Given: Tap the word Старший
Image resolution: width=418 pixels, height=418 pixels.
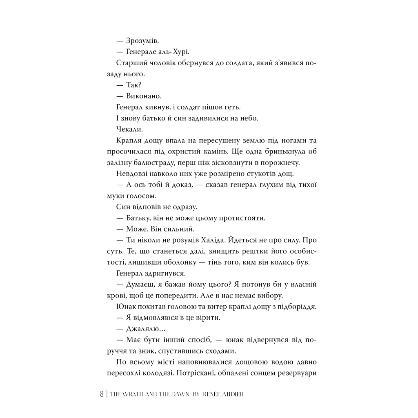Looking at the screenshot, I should click(130, 63).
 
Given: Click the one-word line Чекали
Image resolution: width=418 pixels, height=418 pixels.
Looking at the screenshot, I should click(128, 129).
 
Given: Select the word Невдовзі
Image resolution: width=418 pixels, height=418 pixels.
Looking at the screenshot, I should click(132, 174).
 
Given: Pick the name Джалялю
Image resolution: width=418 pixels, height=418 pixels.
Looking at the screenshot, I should click(144, 329).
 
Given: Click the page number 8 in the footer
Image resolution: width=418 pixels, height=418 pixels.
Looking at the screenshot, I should click(101, 394).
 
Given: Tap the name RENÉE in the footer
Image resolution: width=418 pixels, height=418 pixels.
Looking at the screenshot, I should click(214, 395).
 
